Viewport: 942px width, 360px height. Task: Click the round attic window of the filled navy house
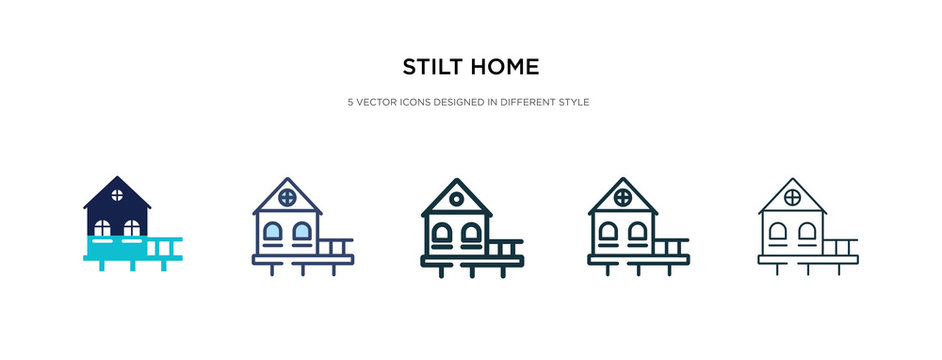(x=117, y=193)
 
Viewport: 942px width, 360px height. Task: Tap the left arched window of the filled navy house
(x=102, y=229)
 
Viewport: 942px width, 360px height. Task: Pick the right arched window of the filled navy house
(x=132, y=229)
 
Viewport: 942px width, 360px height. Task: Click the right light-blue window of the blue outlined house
(x=302, y=234)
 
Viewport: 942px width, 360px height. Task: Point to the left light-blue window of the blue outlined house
(x=273, y=234)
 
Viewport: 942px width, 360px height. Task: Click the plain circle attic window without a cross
(x=456, y=198)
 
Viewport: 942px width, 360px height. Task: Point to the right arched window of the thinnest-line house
(x=807, y=234)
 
